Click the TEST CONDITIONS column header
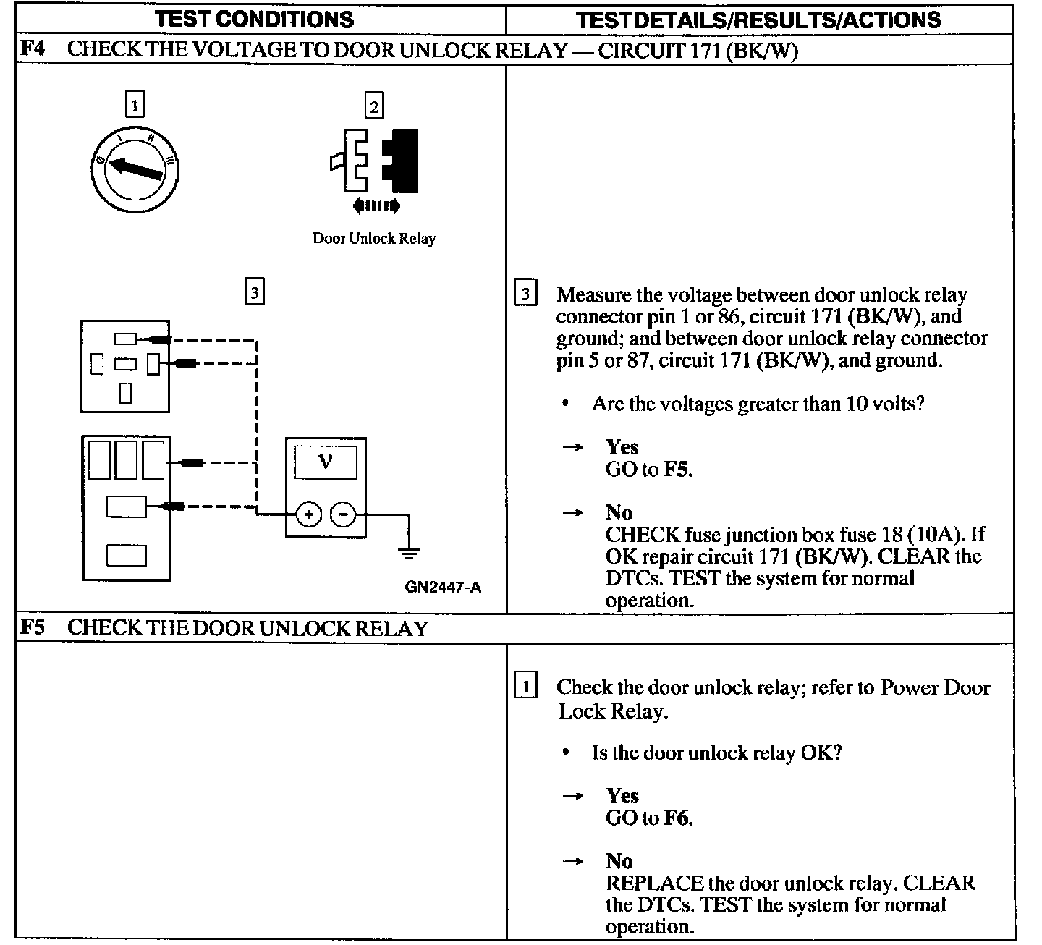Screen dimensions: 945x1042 pyautogui.click(x=255, y=20)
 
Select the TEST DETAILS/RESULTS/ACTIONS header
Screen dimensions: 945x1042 pyautogui.click(x=759, y=20)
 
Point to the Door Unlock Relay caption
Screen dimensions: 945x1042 pyautogui.click(x=374, y=238)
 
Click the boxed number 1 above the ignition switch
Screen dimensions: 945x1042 pyautogui.click(x=135, y=105)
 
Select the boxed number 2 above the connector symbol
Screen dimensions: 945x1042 pyautogui.click(x=373, y=106)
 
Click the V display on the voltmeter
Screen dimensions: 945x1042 pyautogui.click(x=325, y=461)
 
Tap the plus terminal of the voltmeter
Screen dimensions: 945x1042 pyautogui.click(x=308, y=514)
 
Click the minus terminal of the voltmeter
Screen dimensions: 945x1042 pyautogui.click(x=343, y=514)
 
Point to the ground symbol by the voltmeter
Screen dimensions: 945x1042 pyautogui.click(x=410, y=554)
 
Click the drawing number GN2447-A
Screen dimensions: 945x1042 pyautogui.click(x=443, y=587)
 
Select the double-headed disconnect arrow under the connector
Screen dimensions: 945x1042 pyautogui.click(x=376, y=207)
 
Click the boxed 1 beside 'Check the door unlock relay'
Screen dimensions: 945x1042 pyautogui.click(x=525, y=685)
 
